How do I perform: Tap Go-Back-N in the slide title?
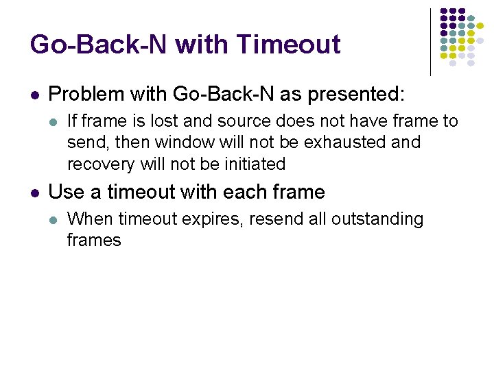(98, 45)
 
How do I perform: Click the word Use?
(67, 192)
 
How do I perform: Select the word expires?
(216, 219)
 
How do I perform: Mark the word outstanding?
(377, 219)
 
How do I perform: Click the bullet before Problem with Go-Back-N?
(34, 95)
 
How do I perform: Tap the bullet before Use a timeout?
(34, 193)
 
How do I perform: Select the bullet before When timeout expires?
(54, 219)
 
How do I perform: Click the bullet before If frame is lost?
(54, 122)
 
